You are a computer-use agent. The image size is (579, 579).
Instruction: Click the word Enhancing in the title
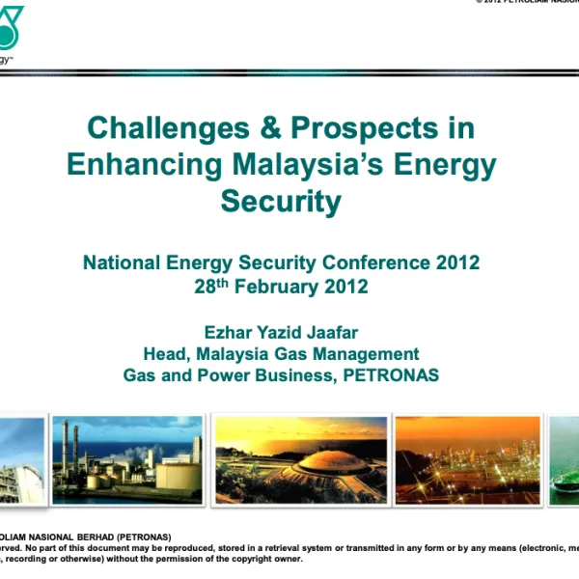pyautogui.click(x=145, y=164)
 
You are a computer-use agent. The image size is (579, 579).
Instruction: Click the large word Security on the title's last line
pyautogui.click(x=281, y=201)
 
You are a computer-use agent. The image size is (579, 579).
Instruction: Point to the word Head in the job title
pyautogui.click(x=164, y=353)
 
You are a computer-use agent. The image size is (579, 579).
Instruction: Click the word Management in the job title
pyautogui.click(x=368, y=353)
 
